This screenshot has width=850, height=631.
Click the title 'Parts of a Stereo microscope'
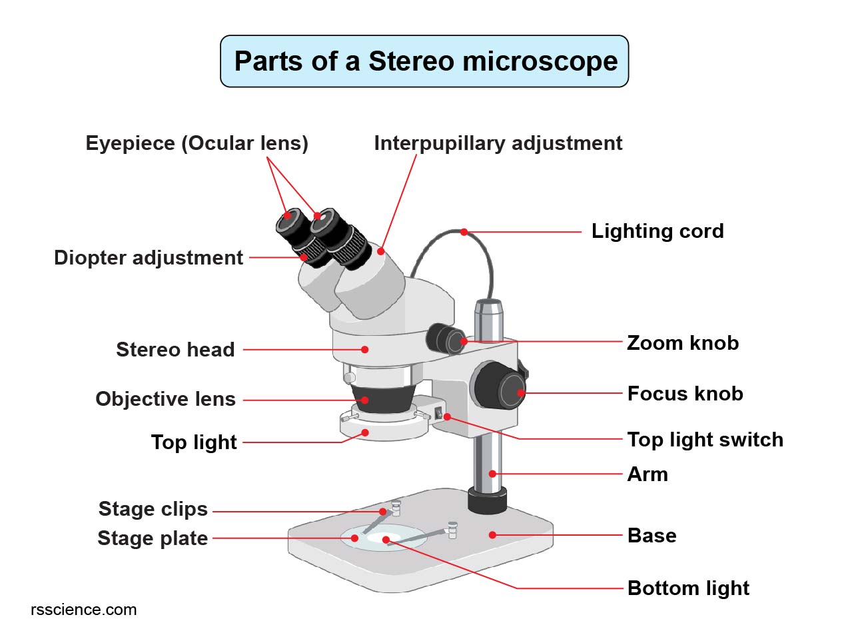pos(425,61)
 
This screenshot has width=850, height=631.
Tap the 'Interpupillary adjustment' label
pos(498,143)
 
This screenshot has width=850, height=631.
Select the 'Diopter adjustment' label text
pos(149,258)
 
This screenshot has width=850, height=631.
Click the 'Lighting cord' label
pos(657,231)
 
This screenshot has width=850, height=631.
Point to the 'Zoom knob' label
pos(682,343)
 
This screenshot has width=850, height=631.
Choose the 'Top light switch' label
pos(705,440)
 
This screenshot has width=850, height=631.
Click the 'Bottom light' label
pos(688,588)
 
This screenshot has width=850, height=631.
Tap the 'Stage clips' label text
pos(153,509)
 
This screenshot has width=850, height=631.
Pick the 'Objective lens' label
pos(165,399)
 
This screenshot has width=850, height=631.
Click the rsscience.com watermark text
pos(84,610)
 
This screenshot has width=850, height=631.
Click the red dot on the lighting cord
pos(464,232)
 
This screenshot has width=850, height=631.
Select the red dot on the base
pos(492,534)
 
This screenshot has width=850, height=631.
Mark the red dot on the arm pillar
pos(492,474)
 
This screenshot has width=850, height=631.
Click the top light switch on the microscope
pos(439,414)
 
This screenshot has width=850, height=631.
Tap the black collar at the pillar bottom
pos(487,500)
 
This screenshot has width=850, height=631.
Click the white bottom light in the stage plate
pos(386,538)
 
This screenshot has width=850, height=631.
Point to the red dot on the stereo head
pos(364,348)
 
